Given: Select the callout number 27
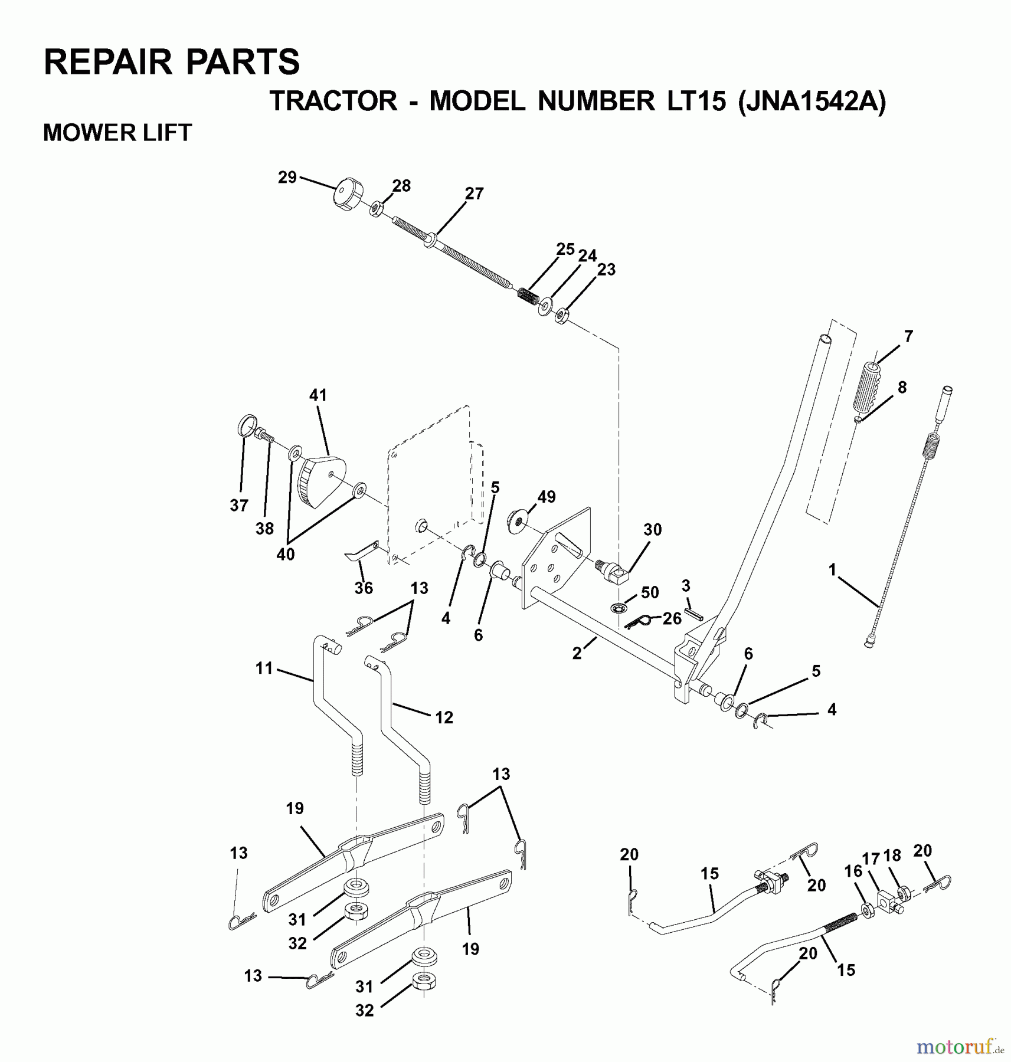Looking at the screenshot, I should click(x=474, y=194).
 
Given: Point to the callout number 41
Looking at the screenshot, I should click(x=318, y=395).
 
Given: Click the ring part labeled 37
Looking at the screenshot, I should click(x=248, y=425).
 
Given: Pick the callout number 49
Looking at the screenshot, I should click(x=547, y=497).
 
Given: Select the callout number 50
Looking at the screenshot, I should click(x=649, y=592).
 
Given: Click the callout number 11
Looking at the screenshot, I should click(x=264, y=668).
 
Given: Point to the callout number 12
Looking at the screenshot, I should click(x=444, y=717).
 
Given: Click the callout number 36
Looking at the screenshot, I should click(x=364, y=588).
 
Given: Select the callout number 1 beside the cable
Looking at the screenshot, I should click(x=833, y=570).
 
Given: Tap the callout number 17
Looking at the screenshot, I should click(x=871, y=858).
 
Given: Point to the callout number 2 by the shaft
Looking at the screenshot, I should click(x=577, y=653).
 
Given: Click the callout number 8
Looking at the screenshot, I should click(x=902, y=388).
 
